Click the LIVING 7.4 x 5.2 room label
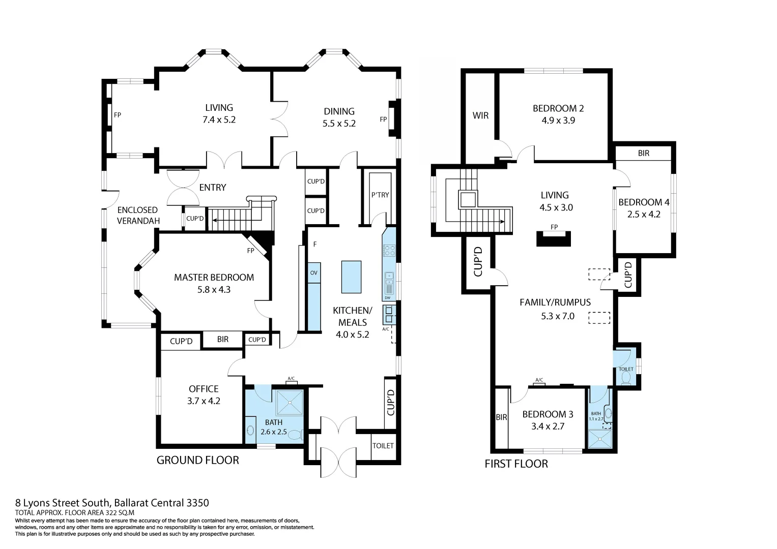coord(219,114)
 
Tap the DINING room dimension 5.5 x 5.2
coord(339,124)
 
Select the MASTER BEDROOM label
coord(214,278)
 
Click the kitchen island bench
coord(351,277)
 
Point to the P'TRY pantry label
coord(380,195)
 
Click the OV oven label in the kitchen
coord(313,273)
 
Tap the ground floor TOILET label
coord(383,446)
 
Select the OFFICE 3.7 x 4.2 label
coord(204,395)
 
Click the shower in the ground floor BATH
coord(289,403)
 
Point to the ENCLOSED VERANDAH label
coord(138,216)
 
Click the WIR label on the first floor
coord(480,116)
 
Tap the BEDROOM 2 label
coord(558,108)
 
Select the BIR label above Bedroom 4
coord(643,153)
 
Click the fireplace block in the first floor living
coord(554,239)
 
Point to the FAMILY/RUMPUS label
coord(555,302)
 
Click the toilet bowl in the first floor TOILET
coord(626,378)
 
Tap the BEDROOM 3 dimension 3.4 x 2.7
coord(548,426)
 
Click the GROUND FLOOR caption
coord(197,461)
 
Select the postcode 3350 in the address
coord(197,503)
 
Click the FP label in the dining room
coord(383,120)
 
